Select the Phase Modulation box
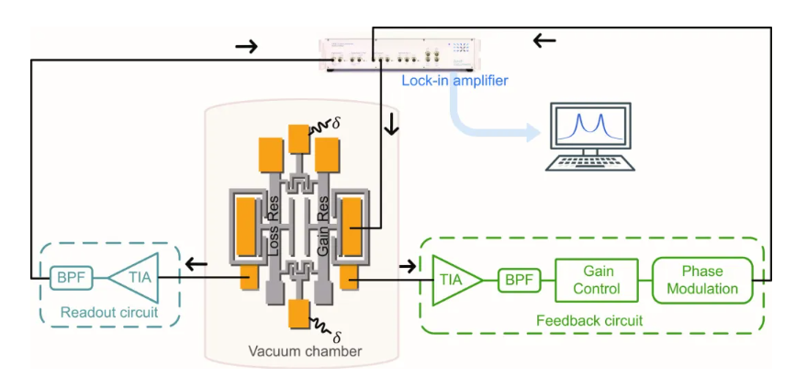click(x=702, y=279)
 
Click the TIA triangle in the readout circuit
click(x=134, y=277)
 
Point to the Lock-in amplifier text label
click(x=454, y=81)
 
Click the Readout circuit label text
click(x=109, y=313)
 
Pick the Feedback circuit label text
click(x=588, y=321)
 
